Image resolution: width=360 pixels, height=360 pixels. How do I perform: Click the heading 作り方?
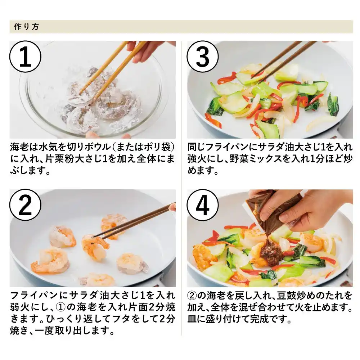(26, 27)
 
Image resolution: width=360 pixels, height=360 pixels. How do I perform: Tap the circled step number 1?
(25, 57)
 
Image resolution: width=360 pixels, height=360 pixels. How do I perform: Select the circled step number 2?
(25, 205)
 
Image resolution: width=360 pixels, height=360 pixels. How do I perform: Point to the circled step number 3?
(202, 57)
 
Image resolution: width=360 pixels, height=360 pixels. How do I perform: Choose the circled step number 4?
(202, 205)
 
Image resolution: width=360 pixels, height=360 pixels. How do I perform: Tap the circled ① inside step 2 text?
(60, 307)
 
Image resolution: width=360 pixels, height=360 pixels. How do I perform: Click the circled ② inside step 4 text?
(192, 296)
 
